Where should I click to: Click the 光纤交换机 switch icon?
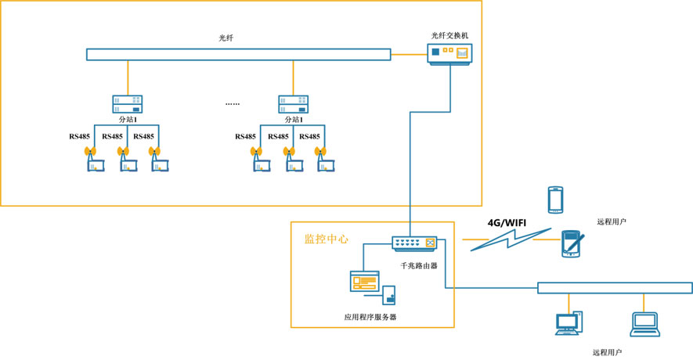449,53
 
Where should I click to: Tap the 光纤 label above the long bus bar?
226,38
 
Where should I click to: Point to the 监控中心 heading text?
327,239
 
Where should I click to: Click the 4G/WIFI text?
507,223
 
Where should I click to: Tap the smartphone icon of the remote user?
555,200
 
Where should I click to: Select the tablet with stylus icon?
572,243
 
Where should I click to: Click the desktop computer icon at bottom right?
568,323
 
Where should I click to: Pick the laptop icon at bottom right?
645,324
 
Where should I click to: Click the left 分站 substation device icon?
127,105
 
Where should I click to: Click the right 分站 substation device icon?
294,105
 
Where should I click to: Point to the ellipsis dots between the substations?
233,103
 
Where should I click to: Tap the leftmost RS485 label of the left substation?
79,136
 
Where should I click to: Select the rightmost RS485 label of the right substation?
310,136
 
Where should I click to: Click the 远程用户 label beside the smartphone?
611,221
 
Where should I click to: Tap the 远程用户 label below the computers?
607,353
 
